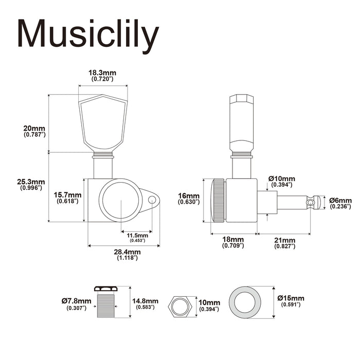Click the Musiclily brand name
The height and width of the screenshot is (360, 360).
(87, 35)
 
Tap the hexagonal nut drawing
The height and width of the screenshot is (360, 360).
(182, 307)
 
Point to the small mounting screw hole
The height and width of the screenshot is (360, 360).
(152, 199)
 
